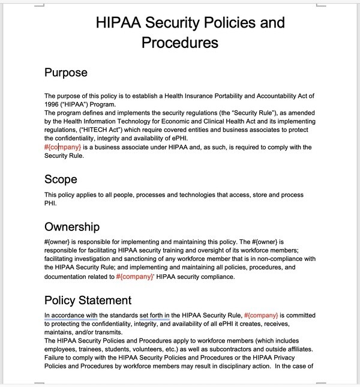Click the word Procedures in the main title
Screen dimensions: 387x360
pyautogui.click(x=179, y=43)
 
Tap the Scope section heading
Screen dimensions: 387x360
pyautogui.click(x=61, y=179)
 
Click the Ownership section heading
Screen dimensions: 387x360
pyautogui.click(x=72, y=226)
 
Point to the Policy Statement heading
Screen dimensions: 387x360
pyautogui.click(x=88, y=300)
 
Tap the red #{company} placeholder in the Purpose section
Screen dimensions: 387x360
pyautogui.click(x=62, y=147)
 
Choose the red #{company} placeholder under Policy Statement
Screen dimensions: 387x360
pyautogui.click(x=261, y=315)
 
